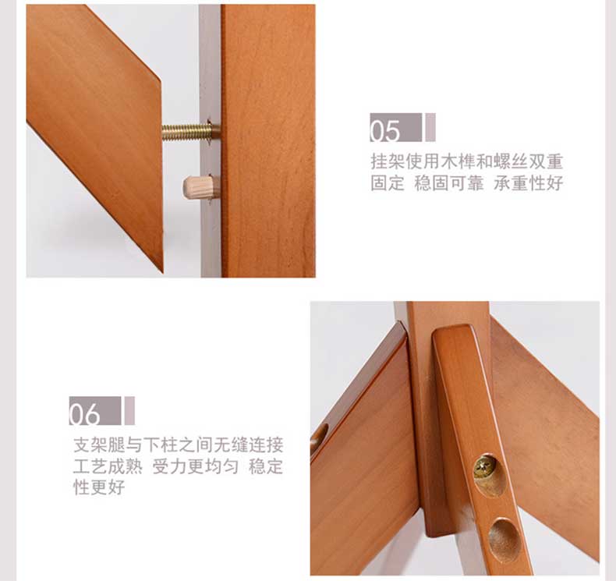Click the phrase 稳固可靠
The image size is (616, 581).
tap(448, 183)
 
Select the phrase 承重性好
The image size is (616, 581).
tap(529, 183)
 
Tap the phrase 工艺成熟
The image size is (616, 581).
tap(108, 466)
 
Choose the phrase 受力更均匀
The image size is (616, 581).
tap(195, 466)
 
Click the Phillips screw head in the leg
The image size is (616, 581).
tap(482, 467)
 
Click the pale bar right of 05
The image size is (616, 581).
tap(430, 127)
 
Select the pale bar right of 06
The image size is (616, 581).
tap(129, 410)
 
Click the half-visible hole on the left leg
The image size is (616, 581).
tap(319, 438)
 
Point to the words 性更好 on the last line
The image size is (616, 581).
tap(99, 487)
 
